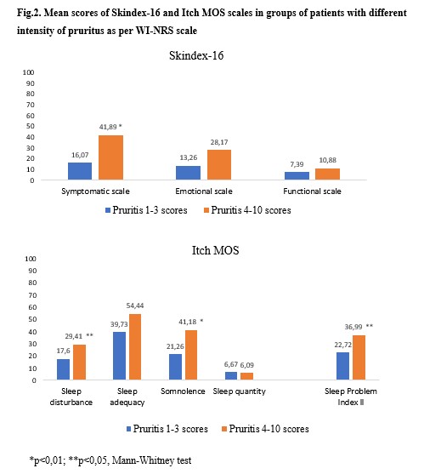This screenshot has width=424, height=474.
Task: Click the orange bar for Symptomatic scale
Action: click(x=110, y=157)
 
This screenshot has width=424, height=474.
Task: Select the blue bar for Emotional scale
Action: click(x=188, y=173)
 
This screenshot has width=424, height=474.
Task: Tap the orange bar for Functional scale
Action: click(x=327, y=174)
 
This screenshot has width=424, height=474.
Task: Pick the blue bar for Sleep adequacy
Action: click(x=119, y=356)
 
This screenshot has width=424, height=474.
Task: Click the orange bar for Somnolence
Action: click(x=191, y=355)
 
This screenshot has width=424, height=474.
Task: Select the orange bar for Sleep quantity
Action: click(x=247, y=376)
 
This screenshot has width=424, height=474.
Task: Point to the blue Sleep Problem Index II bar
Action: click(x=342, y=366)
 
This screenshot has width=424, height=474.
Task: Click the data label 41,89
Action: click(x=108, y=127)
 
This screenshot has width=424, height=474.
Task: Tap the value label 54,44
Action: click(x=135, y=306)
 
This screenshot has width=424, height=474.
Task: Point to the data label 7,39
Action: click(x=297, y=164)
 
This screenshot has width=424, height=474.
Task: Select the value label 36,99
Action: click(x=353, y=327)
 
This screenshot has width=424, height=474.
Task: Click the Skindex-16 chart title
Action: click(x=196, y=55)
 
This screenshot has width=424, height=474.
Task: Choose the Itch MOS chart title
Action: click(x=216, y=250)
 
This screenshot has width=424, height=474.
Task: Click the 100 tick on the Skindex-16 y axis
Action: click(x=28, y=72)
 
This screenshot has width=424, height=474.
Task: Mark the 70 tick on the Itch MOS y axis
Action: click(x=32, y=295)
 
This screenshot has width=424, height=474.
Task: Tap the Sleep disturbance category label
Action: click(x=71, y=397)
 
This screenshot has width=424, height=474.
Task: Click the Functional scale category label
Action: click(x=312, y=191)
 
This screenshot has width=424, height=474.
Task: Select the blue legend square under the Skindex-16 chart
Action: click(x=108, y=210)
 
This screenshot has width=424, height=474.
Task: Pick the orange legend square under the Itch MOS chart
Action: click(x=224, y=429)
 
